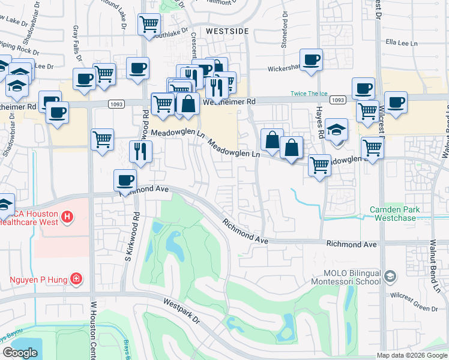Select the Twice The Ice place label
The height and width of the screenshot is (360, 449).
[308, 93]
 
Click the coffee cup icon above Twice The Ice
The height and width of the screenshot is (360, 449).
[311, 60]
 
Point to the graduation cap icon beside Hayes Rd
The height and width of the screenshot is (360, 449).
[337, 130]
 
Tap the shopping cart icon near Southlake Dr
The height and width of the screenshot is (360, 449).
[149, 25]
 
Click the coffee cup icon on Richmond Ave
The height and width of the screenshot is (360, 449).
[125, 180]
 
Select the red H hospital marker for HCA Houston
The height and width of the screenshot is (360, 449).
[67, 215]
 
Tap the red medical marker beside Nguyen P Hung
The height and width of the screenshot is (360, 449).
[76, 278]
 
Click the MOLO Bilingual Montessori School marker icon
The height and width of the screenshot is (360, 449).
[390, 277]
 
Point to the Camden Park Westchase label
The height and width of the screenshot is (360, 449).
[394, 214]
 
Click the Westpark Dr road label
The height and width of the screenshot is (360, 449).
[180, 313]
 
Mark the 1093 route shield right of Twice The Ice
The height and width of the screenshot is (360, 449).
[338, 101]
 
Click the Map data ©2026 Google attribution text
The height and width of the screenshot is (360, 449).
[411, 355]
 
